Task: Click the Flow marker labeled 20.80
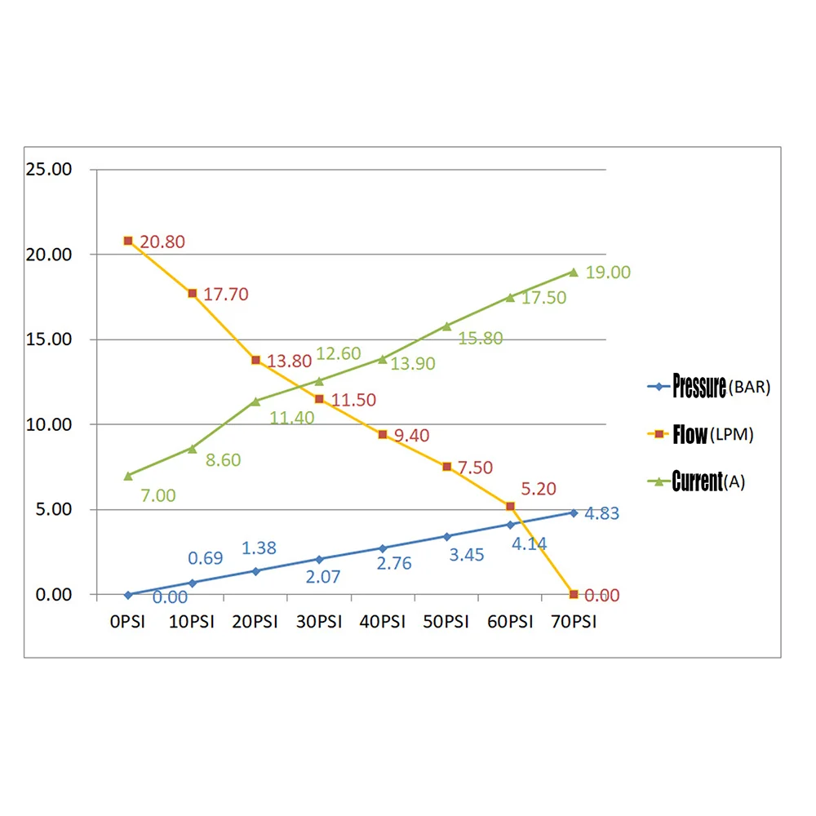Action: point(128,241)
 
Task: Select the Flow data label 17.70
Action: point(225,294)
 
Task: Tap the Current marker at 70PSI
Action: point(574,272)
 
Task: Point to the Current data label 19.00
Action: point(608,273)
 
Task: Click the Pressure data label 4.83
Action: point(601,513)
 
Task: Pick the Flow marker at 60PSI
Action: point(510,507)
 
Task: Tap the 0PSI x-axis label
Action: point(127,622)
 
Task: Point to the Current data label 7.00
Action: point(157,494)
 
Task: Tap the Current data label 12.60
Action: point(339,353)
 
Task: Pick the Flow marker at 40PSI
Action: point(383,434)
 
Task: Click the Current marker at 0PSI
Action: point(128,475)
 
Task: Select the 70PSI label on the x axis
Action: point(573,622)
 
